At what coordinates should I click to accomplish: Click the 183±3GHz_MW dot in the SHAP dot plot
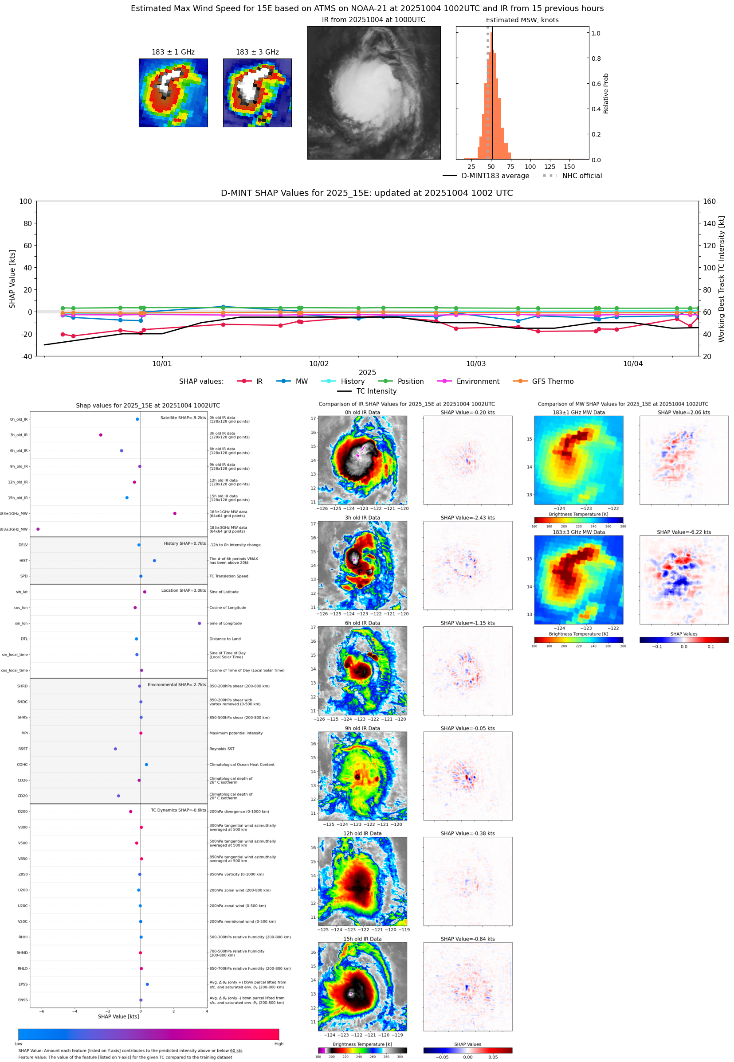click(38, 529)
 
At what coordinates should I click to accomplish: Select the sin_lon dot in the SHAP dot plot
click(199, 623)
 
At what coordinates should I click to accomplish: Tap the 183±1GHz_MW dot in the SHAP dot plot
click(175, 513)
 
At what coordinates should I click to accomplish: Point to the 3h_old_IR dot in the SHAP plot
click(101, 435)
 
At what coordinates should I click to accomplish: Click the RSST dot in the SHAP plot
click(115, 749)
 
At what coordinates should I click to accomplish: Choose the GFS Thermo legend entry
click(543, 382)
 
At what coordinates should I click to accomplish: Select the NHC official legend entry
click(572, 176)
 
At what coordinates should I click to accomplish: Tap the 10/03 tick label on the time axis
click(475, 363)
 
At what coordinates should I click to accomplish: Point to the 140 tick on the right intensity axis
click(709, 223)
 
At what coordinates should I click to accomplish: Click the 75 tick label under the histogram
click(510, 167)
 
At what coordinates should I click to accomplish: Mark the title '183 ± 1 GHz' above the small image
click(173, 52)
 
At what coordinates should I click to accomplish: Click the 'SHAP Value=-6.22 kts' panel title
click(683, 532)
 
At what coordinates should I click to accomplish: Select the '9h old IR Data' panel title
click(362, 728)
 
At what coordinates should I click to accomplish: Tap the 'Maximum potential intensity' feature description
click(236, 733)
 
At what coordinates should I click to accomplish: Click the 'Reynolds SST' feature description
click(222, 749)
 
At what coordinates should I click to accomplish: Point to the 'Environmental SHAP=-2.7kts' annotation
click(177, 685)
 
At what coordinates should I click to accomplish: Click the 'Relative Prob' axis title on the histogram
click(606, 93)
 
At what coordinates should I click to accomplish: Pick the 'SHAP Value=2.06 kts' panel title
click(683, 412)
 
